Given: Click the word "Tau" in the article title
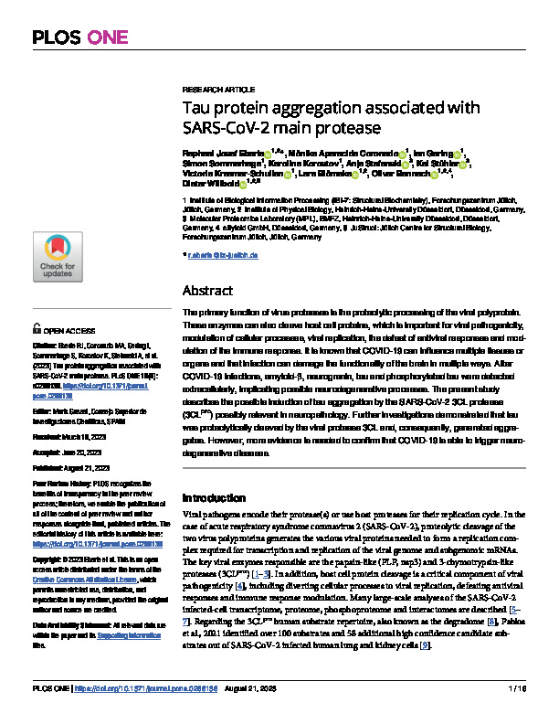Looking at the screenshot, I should tap(199, 108).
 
